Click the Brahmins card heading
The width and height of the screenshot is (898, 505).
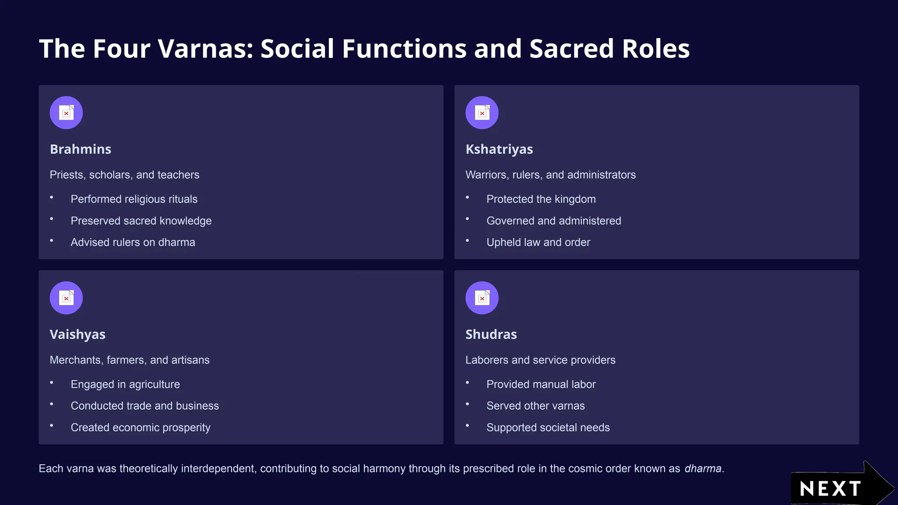(x=81, y=149)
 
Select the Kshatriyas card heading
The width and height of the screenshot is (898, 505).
(x=499, y=149)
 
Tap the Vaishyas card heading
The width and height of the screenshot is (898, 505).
(x=78, y=334)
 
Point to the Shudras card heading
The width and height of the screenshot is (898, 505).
(x=491, y=334)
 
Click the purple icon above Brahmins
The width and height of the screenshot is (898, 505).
(x=66, y=113)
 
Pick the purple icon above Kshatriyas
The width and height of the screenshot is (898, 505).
(x=482, y=113)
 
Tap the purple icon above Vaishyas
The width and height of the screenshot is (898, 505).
(x=66, y=298)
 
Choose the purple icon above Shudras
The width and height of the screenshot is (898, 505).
(x=482, y=298)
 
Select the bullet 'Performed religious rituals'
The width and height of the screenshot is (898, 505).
(x=134, y=199)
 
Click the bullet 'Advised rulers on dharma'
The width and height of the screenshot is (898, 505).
(x=133, y=242)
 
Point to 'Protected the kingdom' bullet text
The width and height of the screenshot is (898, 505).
(x=541, y=199)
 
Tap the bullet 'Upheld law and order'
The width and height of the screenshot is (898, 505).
(x=538, y=242)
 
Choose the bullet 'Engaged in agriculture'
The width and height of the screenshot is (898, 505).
(x=125, y=384)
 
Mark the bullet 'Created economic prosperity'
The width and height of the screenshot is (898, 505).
(x=140, y=427)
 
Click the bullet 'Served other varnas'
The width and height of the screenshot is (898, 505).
(x=535, y=406)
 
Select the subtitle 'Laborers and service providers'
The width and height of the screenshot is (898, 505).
(x=540, y=360)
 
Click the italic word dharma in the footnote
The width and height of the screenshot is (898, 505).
(x=703, y=469)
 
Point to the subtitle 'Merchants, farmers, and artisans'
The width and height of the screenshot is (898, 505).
(x=129, y=360)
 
